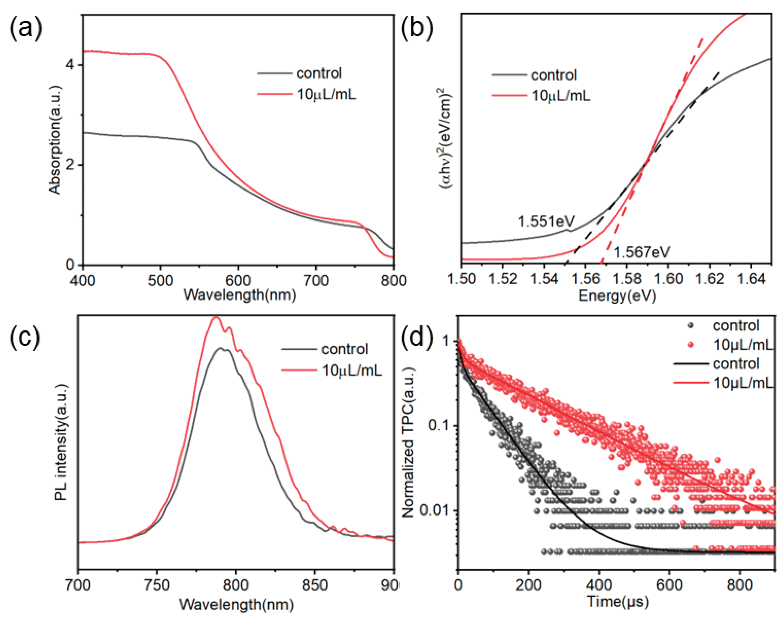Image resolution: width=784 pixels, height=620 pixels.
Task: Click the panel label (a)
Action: (25, 29)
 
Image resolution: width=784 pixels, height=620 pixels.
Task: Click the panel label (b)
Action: (417, 29)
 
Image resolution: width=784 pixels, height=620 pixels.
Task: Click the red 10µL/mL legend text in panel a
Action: (326, 94)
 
